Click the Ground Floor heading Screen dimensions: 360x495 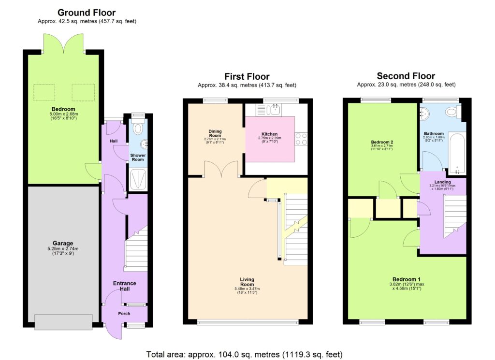coord(87,13)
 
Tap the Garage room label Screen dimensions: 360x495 coord(63,244)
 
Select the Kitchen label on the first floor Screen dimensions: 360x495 coord(269,133)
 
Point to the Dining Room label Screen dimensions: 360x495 coord(215,133)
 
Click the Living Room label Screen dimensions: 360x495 coord(247,282)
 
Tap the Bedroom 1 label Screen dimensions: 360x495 coord(406,279)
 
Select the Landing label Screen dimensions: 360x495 coord(443,182)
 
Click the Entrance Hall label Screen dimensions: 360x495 coord(125,286)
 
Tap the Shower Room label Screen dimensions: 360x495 coord(138,158)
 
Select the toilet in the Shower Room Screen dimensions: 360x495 coord(138,128)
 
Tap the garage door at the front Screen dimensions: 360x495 coord(63,322)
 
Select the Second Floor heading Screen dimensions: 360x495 coord(406,76)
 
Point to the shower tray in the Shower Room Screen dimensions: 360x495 coord(138,179)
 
